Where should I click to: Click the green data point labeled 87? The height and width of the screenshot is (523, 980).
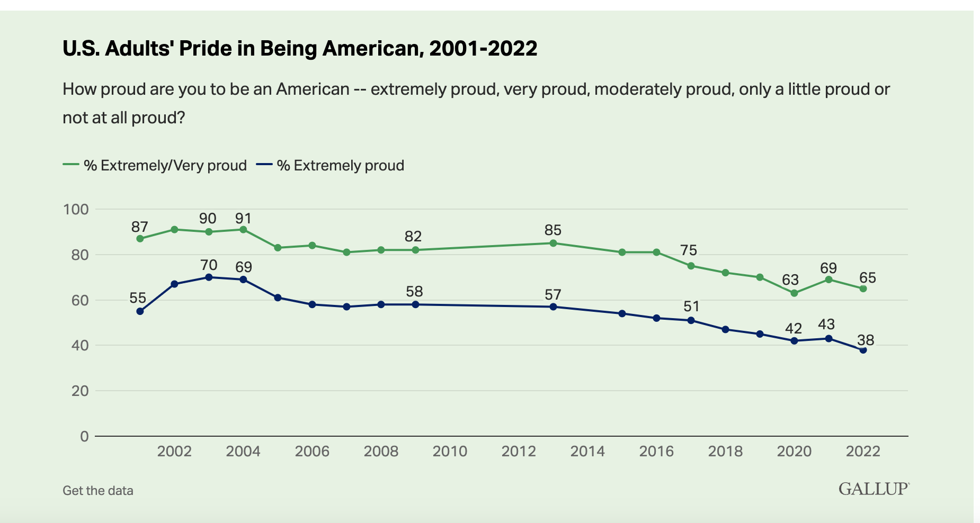point(140,239)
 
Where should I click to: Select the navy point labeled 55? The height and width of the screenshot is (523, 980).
point(140,311)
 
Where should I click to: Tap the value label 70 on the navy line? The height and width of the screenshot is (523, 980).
point(209,264)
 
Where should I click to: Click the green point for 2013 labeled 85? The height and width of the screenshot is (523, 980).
point(553,243)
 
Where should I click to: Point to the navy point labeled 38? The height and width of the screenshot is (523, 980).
point(863,350)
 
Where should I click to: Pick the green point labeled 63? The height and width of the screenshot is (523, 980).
point(794,293)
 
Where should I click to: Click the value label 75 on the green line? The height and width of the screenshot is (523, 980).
point(689,250)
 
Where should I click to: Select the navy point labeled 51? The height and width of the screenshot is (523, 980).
point(691,320)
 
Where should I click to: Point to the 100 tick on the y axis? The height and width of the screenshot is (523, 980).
point(76,209)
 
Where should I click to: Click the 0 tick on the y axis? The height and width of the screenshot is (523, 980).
point(84,436)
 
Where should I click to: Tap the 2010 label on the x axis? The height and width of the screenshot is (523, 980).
point(450,451)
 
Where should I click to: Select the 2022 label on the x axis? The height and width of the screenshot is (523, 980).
point(863,451)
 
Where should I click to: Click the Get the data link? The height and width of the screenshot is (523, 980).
point(98,491)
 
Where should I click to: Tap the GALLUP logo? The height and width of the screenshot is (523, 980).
point(874,489)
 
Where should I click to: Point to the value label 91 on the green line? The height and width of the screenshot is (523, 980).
point(243,219)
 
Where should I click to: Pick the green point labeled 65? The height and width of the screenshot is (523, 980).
point(863,288)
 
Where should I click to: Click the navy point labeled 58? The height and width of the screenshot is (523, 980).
point(415,304)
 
